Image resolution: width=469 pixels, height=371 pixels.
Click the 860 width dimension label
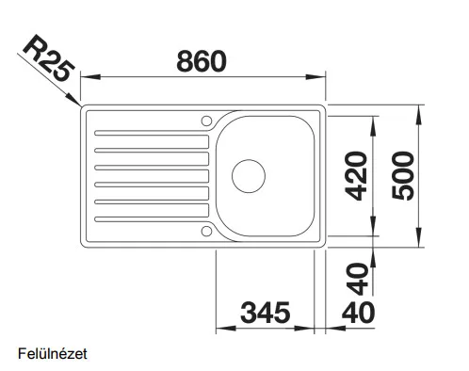pyautogui.click(x=202, y=61)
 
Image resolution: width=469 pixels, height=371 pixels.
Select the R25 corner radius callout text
pyautogui.click(x=49, y=57)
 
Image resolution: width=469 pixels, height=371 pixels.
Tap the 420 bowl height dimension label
pyautogui.click(x=356, y=176)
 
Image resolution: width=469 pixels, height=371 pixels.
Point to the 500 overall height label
pyautogui.click(x=403, y=175)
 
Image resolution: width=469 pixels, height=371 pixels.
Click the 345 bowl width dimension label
pyautogui.click(x=266, y=313)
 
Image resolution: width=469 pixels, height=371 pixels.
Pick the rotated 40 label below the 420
pyautogui.click(x=358, y=280)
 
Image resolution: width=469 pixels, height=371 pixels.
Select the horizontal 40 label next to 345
pyautogui.click(x=358, y=313)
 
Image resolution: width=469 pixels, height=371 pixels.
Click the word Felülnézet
pyautogui.click(x=53, y=354)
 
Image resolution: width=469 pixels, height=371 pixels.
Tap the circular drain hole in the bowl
pyautogui.click(x=249, y=176)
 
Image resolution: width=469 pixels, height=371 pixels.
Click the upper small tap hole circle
pyautogui.click(x=206, y=121)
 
